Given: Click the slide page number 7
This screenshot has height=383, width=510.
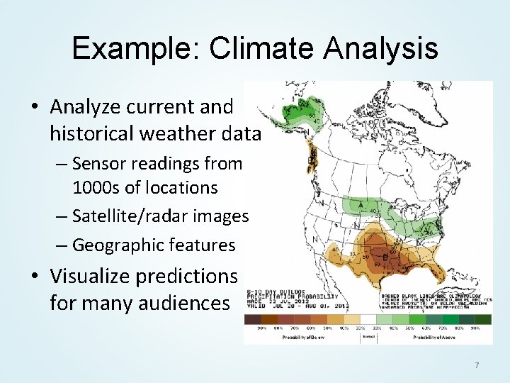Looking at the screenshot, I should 477,365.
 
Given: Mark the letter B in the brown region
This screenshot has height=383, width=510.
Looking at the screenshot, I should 385,256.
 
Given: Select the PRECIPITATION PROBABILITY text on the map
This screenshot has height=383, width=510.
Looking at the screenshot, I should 293,296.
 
